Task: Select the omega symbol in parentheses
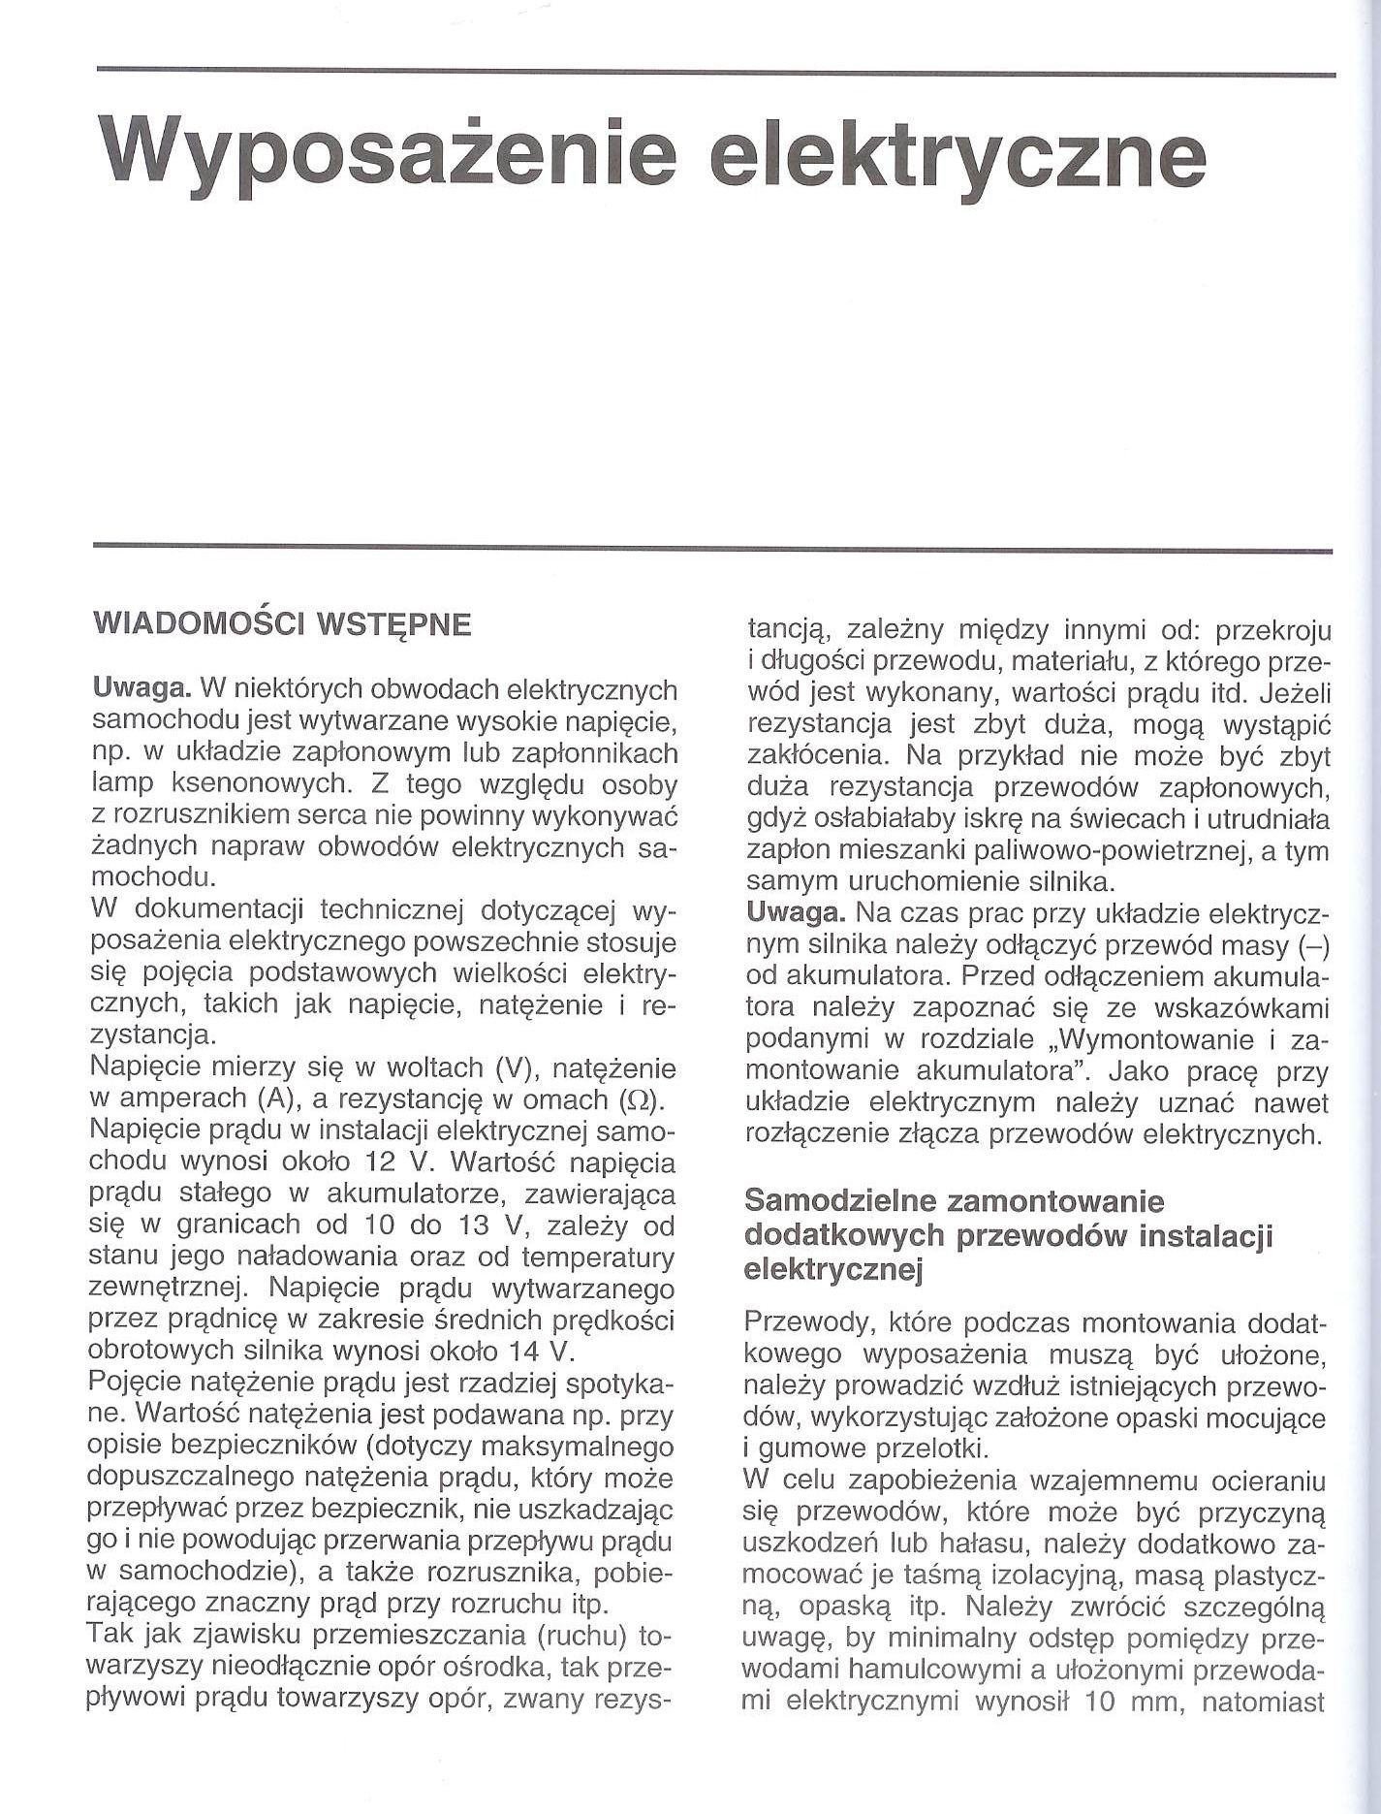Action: [x=636, y=1099]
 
